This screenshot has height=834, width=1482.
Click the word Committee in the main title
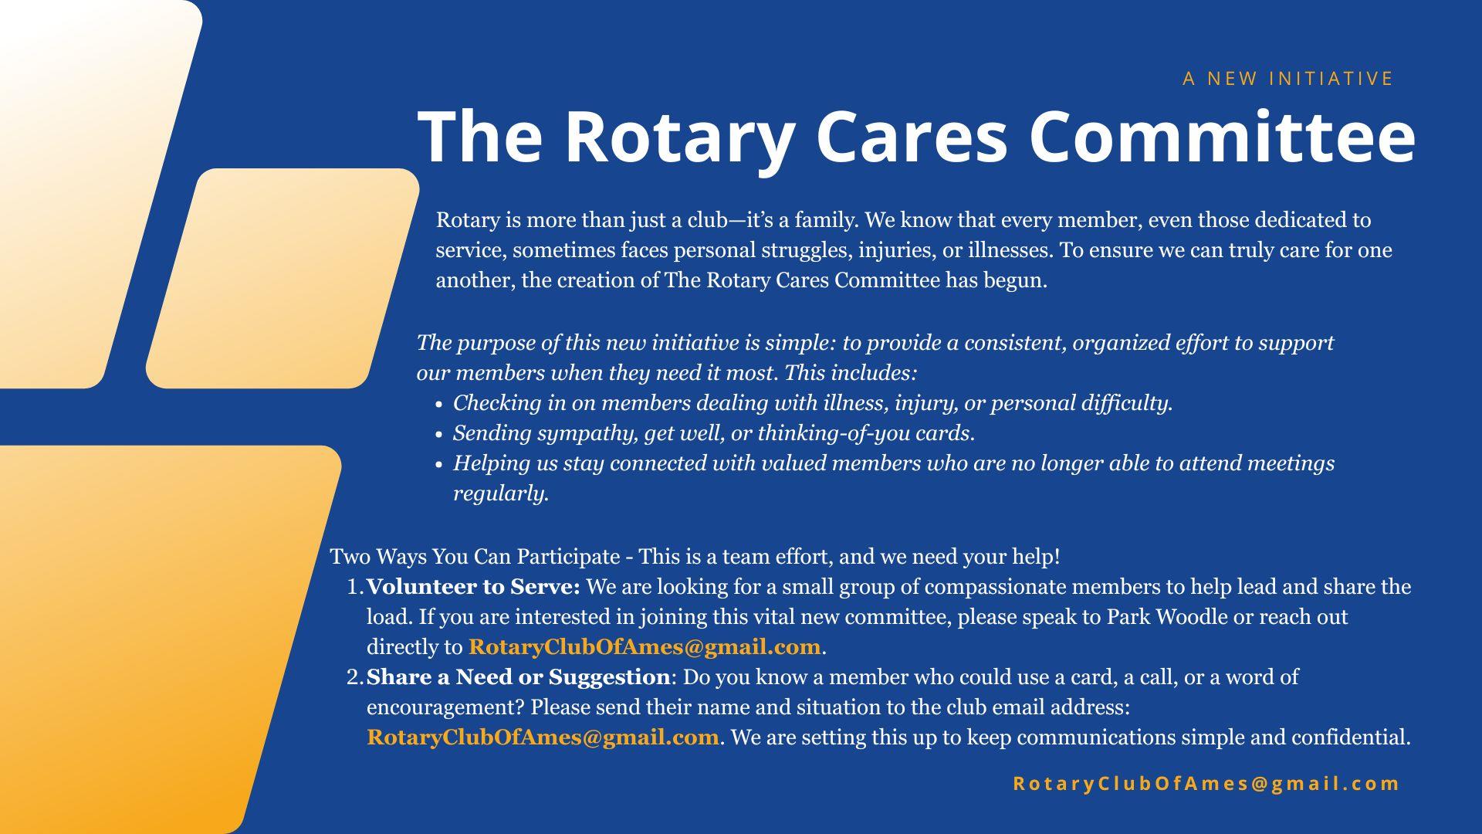click(1223, 137)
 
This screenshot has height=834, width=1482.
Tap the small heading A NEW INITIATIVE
click(1288, 79)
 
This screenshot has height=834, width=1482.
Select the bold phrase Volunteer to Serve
click(473, 587)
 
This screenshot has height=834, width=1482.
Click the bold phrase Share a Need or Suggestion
click(519, 677)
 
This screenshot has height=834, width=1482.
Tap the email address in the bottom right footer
click(1206, 784)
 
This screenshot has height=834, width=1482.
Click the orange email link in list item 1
click(645, 647)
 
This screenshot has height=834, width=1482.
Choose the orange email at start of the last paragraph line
click(543, 737)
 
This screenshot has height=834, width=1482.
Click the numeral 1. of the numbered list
click(355, 588)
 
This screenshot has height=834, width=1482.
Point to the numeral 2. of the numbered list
click(355, 678)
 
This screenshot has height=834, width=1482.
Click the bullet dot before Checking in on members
click(438, 405)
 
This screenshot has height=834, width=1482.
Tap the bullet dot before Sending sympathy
click(438, 435)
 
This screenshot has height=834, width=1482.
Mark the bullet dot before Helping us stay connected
click(438, 465)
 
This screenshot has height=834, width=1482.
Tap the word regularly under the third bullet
click(501, 494)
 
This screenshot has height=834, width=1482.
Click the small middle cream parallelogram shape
click(283, 278)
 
